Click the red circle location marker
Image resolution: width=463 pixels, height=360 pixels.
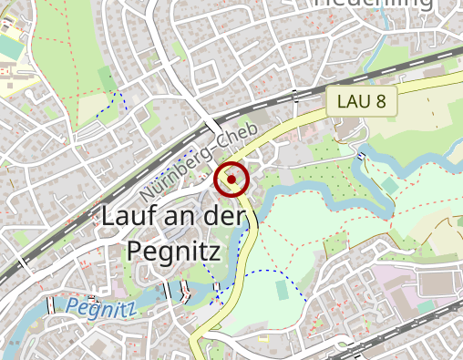[x=231, y=180]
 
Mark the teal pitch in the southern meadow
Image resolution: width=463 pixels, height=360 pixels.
[x=282, y=289]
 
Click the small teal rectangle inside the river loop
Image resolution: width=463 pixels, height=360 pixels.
[x=390, y=185]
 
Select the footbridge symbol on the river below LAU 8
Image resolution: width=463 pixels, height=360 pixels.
[x=363, y=156]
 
